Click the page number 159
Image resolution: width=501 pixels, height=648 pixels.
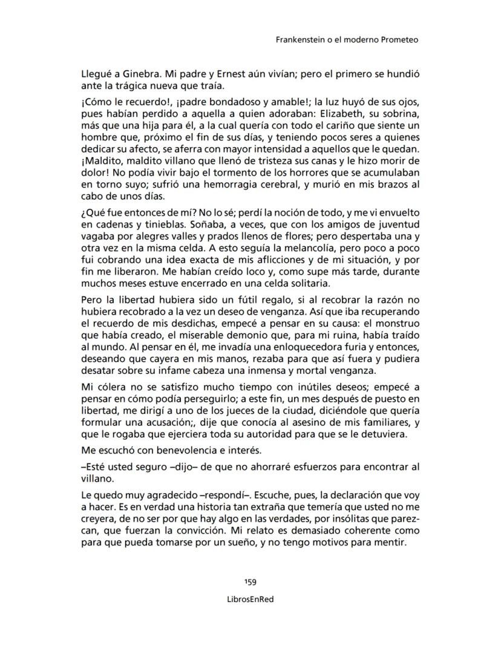[x=250, y=582]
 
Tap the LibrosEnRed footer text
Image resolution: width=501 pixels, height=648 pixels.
[x=250, y=598]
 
